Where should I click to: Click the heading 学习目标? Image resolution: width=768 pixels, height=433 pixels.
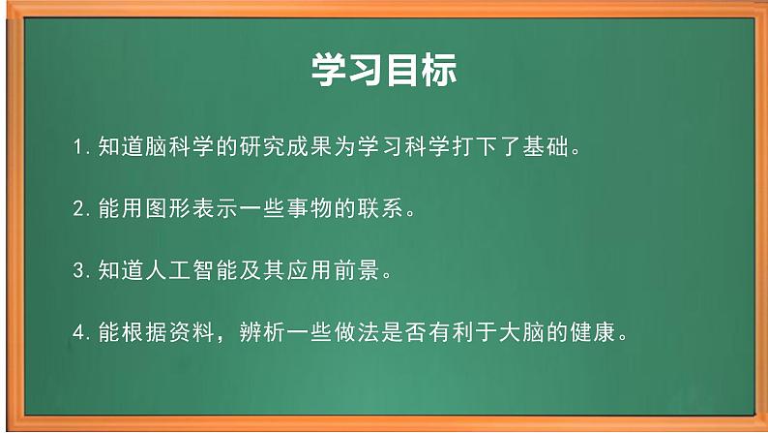coord(384,70)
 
